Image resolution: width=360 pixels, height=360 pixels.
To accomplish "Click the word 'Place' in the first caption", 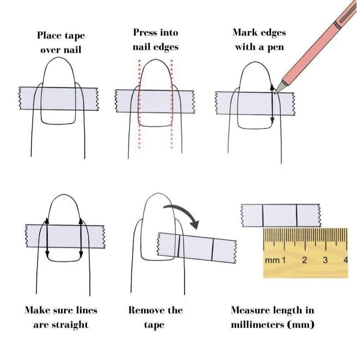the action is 49,36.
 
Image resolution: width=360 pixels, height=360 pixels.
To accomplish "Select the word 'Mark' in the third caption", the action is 245,32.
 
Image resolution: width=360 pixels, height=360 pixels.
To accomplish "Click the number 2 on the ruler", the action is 304,261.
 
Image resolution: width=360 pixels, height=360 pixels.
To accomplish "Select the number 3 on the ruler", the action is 325,261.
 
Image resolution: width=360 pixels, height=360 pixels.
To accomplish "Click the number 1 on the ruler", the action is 284,261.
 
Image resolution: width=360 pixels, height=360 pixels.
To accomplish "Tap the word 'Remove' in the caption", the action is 147,310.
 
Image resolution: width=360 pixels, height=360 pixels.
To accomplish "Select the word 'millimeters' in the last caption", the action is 257,324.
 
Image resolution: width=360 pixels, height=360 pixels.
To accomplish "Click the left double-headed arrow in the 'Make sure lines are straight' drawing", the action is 47,237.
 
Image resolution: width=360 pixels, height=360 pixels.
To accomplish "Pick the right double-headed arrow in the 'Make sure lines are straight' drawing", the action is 81,237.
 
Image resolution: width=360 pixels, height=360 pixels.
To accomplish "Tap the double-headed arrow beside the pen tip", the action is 272,104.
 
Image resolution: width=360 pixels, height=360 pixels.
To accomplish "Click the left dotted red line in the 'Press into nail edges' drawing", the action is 139,104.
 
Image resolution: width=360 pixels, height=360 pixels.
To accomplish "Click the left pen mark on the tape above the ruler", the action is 263,216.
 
